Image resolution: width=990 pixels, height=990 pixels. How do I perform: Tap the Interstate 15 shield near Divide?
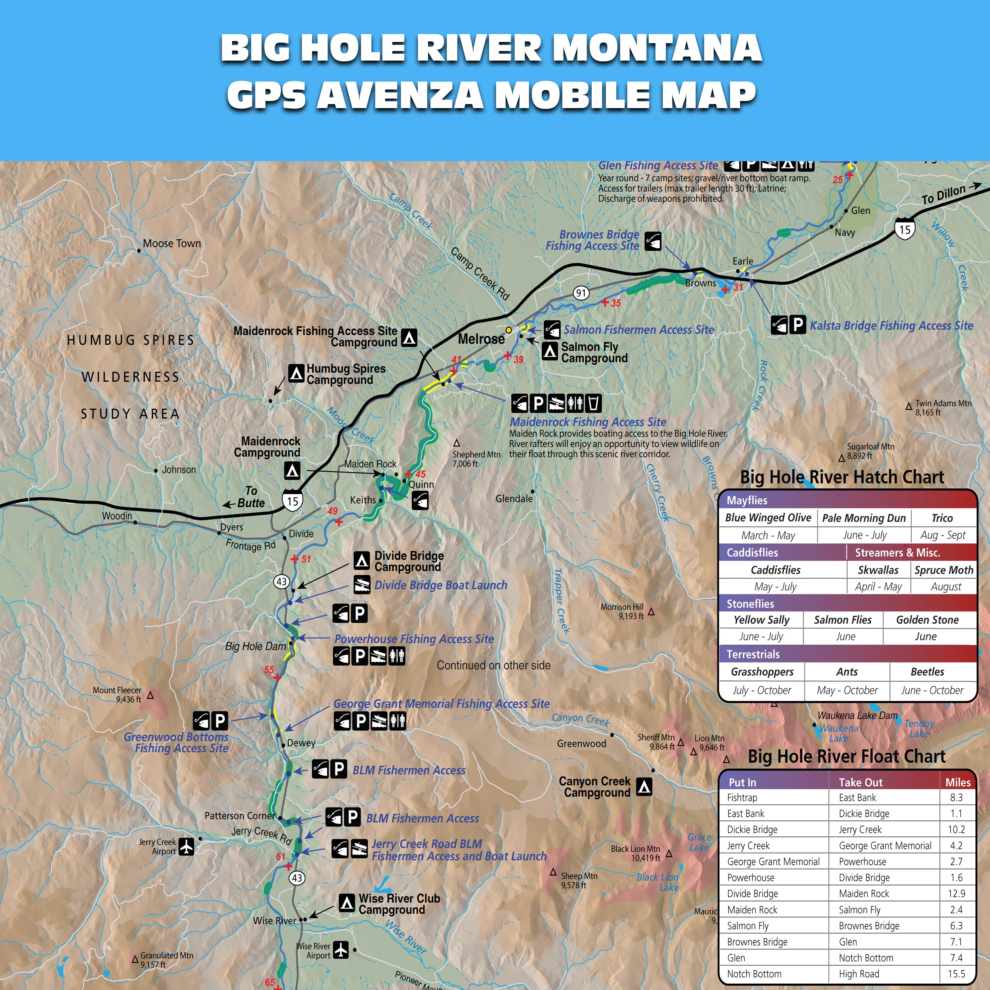(292, 500)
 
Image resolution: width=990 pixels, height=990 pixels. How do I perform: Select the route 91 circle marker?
(581, 293)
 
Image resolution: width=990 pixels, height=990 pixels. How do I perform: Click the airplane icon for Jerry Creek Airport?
(187, 847)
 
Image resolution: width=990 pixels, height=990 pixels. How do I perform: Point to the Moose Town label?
(171, 244)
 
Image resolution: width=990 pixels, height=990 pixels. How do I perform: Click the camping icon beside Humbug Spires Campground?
(296, 373)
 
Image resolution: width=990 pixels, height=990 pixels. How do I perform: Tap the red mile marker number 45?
(421, 474)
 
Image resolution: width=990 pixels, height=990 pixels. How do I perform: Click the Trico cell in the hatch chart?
(942, 518)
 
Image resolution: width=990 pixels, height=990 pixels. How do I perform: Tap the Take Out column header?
(861, 782)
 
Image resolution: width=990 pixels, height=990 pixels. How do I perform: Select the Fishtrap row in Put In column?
(742, 797)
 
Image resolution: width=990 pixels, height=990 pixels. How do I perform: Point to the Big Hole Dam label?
(255, 646)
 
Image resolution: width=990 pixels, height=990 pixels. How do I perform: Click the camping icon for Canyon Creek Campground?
(644, 786)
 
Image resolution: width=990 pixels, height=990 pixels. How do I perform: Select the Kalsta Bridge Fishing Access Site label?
(891, 326)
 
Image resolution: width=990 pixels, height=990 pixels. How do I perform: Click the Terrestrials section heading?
(753, 654)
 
